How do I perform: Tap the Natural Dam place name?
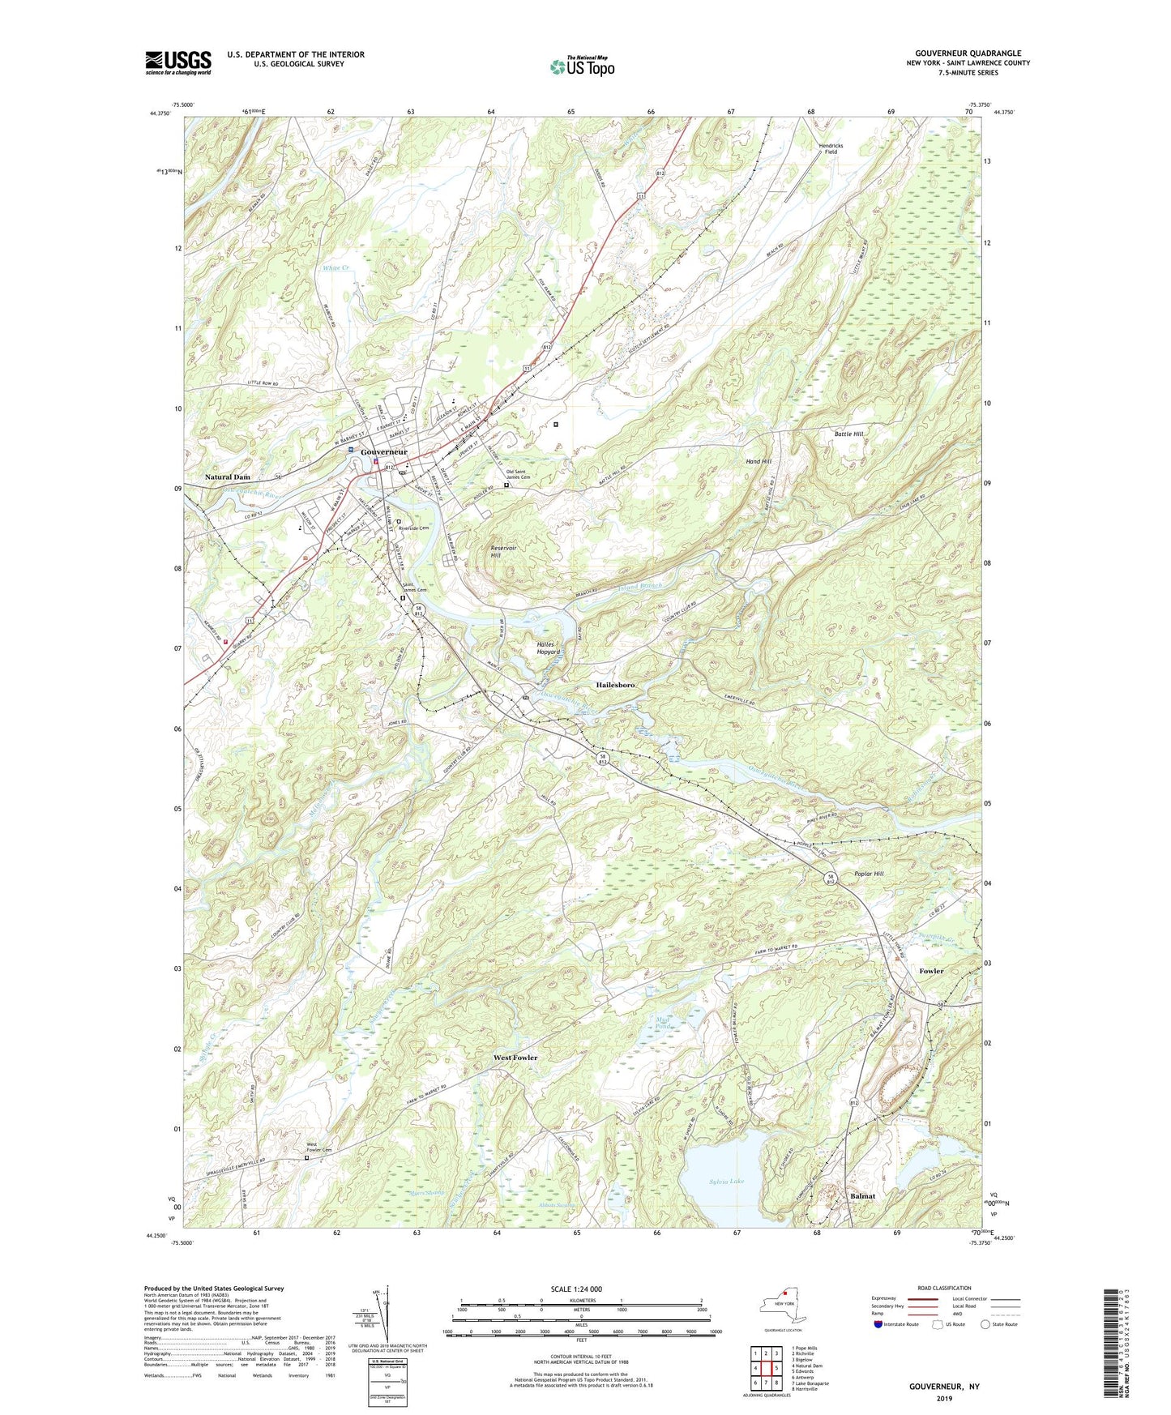(x=227, y=477)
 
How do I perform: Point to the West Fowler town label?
(x=515, y=1058)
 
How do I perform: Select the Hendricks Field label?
(x=830, y=148)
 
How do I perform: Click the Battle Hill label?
(x=848, y=434)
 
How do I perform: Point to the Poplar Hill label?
(x=869, y=874)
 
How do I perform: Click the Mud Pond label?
(x=664, y=1025)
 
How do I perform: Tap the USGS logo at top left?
(x=178, y=62)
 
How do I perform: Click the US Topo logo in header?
(x=581, y=66)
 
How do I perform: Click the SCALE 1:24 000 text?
(x=576, y=1289)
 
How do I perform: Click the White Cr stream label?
(x=335, y=267)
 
